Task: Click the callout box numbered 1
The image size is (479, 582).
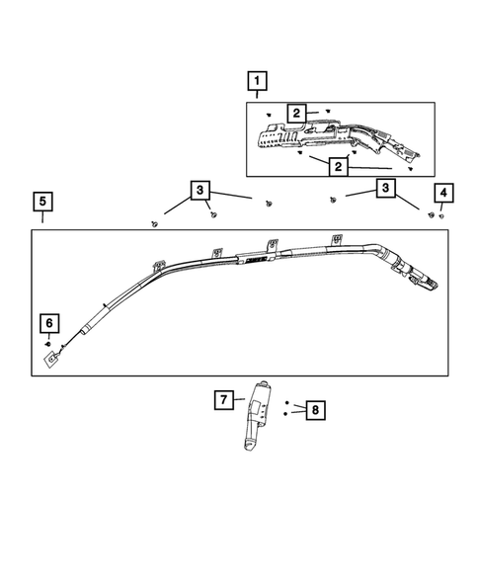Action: click(257, 80)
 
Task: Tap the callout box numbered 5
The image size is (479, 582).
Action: click(42, 203)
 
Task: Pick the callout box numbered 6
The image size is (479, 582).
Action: click(48, 323)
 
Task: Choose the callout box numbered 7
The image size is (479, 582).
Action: click(225, 400)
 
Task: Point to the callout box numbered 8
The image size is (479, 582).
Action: click(314, 409)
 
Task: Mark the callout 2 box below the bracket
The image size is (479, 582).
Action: click(339, 167)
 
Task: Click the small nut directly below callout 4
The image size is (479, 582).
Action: click(441, 214)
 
